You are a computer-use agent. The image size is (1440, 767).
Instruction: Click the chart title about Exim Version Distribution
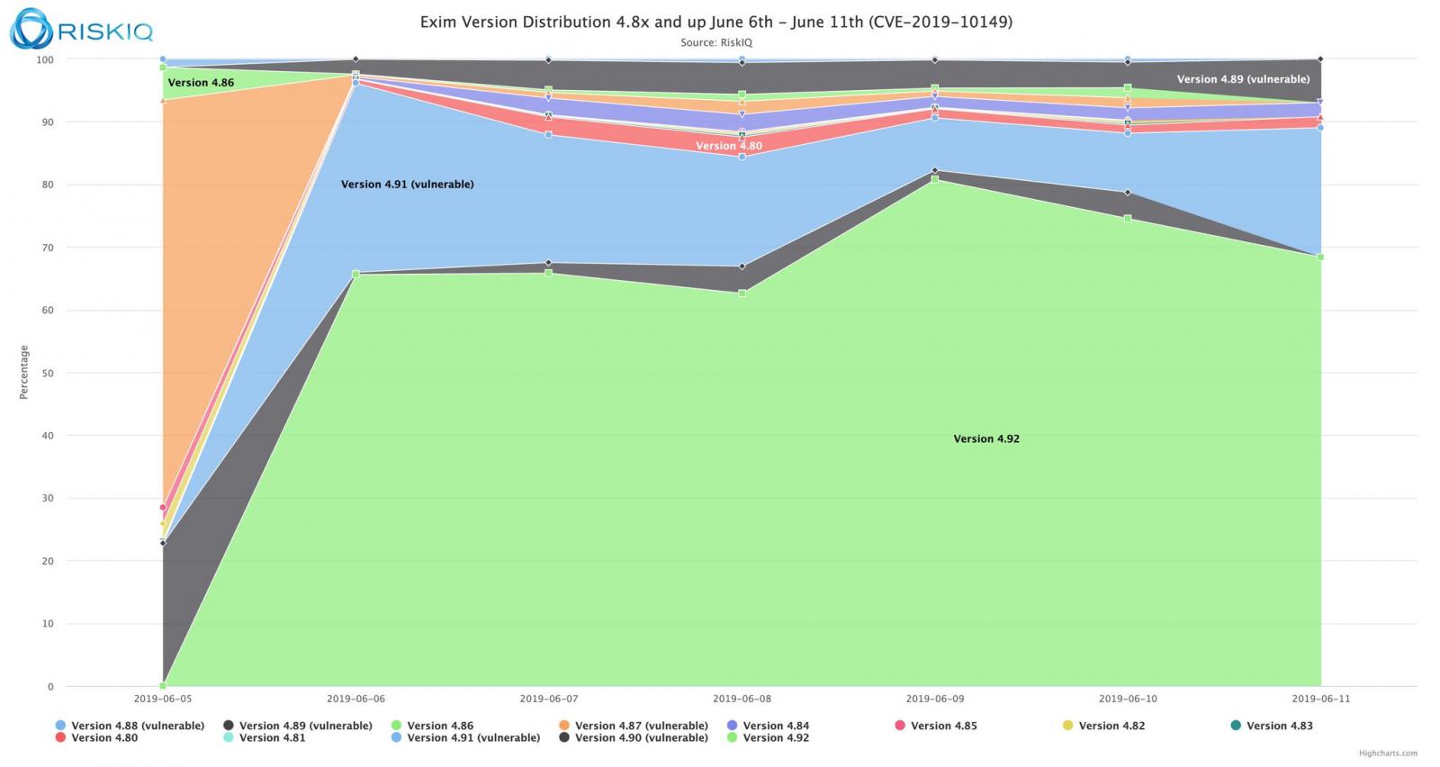(x=715, y=22)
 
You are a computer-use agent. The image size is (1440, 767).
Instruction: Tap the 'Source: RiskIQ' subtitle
(x=715, y=42)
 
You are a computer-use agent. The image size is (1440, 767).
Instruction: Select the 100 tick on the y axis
(x=45, y=59)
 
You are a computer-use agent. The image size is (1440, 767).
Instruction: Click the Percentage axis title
(x=24, y=372)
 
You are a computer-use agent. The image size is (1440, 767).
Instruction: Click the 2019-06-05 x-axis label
(x=163, y=699)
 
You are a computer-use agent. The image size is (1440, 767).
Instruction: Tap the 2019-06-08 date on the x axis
(x=742, y=699)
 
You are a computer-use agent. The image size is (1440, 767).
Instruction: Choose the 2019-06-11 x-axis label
(x=1320, y=699)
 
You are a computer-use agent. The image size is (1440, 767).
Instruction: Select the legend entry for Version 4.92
(x=775, y=738)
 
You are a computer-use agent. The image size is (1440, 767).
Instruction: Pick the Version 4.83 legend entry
(x=1279, y=726)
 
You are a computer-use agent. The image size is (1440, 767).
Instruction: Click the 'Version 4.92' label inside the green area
(x=986, y=439)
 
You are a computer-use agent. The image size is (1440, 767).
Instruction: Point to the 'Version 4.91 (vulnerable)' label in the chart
(x=407, y=185)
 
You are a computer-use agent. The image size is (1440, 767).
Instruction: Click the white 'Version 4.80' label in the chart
(x=728, y=146)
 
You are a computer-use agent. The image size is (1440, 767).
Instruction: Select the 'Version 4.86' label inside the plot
(x=201, y=83)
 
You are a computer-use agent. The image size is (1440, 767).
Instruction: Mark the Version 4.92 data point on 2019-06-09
(x=934, y=179)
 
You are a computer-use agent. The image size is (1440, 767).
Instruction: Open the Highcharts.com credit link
(x=1388, y=753)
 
